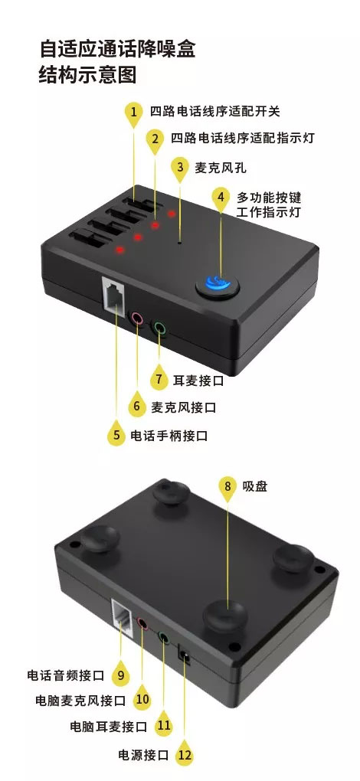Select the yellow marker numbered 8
(x=228, y=485)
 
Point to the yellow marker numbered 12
(x=185, y=755)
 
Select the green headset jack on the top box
(x=159, y=327)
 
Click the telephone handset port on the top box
(x=115, y=295)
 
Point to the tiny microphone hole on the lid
(x=180, y=243)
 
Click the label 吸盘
(x=255, y=486)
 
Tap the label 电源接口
(x=143, y=755)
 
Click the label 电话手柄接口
(x=169, y=436)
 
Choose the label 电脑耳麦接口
(x=109, y=726)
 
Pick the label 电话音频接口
(x=66, y=675)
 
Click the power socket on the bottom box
(x=185, y=654)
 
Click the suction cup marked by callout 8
(x=225, y=614)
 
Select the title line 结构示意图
(x=87, y=75)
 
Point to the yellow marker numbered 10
(x=142, y=699)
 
